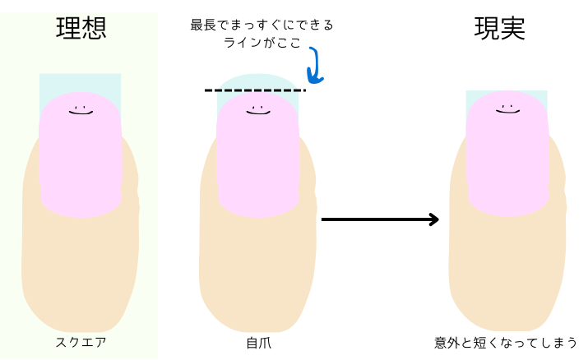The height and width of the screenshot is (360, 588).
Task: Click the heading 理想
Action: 81,29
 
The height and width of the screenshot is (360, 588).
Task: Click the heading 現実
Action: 500,29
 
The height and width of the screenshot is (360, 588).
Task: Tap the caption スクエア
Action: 81,342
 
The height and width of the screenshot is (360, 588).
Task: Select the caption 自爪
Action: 258,342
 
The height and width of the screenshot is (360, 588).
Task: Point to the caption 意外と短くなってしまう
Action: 506,342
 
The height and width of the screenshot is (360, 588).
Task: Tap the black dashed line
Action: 255,90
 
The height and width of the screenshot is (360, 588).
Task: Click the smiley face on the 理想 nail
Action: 81,110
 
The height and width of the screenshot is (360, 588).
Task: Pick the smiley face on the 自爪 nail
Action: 258,110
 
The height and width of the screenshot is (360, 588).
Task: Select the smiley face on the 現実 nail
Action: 507,108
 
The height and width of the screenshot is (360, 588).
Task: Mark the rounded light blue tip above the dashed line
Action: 257,81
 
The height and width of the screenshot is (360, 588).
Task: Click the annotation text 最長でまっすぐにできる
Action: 262,25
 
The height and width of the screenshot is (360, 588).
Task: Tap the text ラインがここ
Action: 262,43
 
